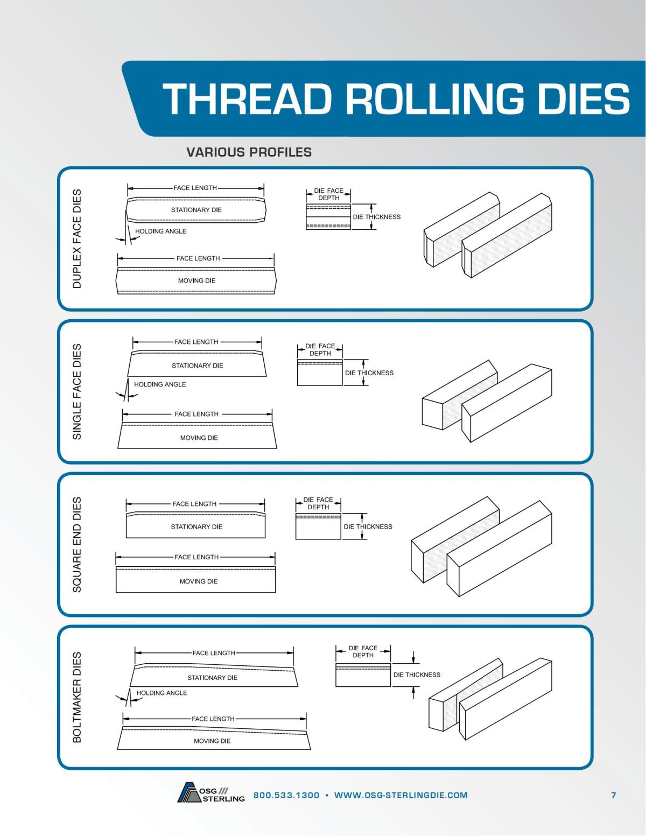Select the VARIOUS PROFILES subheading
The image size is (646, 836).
[x=249, y=152]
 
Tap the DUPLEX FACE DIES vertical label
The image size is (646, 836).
[x=77, y=238]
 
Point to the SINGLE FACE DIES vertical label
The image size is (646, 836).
[x=77, y=391]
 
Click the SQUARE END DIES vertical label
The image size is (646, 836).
[x=77, y=544]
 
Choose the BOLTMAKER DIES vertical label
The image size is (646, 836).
[x=77, y=697]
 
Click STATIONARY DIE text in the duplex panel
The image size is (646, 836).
[x=196, y=210]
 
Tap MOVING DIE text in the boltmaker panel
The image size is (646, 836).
[x=212, y=741]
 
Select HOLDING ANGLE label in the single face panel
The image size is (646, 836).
[x=160, y=384]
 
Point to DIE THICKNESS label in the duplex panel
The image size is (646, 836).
[x=377, y=217]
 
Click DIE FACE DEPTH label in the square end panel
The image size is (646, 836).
[x=318, y=503]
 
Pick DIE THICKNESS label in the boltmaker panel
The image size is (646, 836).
[x=417, y=675]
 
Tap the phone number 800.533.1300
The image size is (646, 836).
[x=286, y=795]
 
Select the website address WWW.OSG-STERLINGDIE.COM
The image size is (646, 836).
[x=401, y=795]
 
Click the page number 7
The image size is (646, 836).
[x=614, y=795]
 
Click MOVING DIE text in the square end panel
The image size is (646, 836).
[x=198, y=581]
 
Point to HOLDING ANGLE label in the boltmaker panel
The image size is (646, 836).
[x=161, y=693]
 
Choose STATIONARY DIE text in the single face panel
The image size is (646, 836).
[x=197, y=366]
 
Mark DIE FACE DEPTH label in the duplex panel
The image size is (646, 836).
[x=328, y=194]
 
